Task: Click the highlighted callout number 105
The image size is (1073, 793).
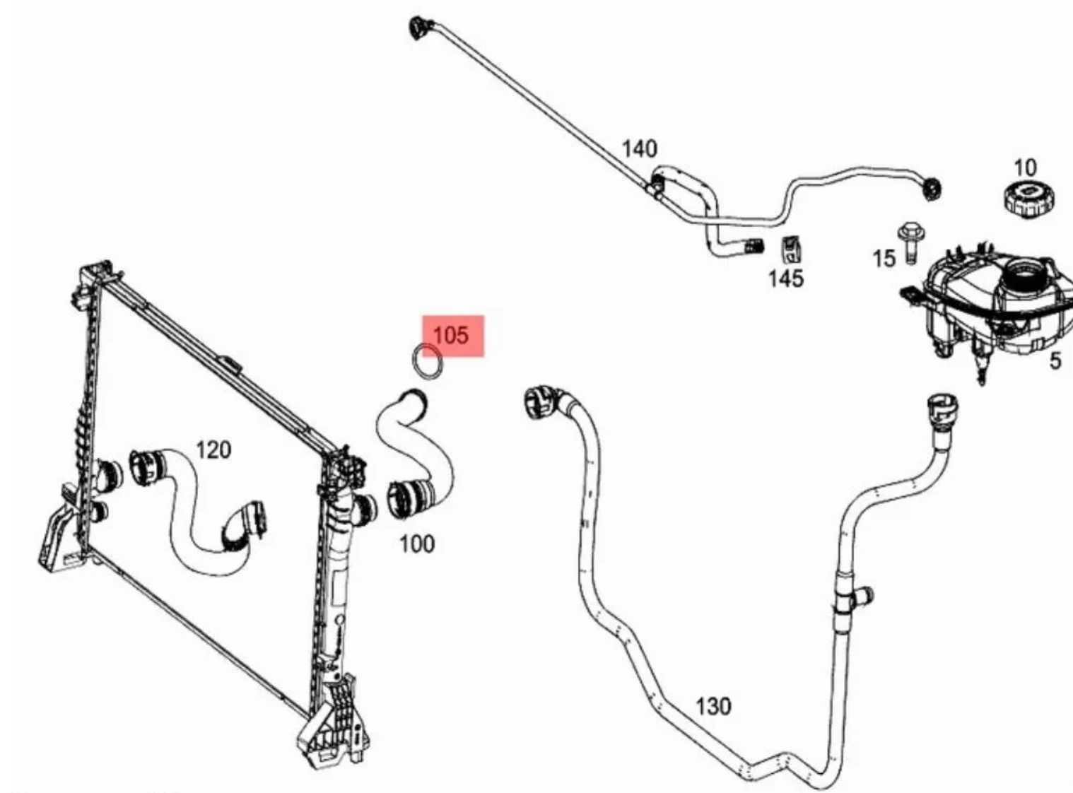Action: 451,335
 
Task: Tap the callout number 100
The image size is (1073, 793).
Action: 417,544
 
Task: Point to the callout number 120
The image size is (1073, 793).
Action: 213,450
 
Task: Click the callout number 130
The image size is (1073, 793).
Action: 713,706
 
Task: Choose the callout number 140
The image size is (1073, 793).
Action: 640,148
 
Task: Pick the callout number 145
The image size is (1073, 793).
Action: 786,278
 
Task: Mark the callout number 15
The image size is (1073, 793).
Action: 884,259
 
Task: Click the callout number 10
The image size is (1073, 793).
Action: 1025,168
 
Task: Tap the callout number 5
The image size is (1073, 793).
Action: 1055,361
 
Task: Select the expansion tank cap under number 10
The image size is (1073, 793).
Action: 1029,199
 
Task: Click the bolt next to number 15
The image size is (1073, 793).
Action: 911,243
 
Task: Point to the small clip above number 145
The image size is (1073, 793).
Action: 790,250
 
